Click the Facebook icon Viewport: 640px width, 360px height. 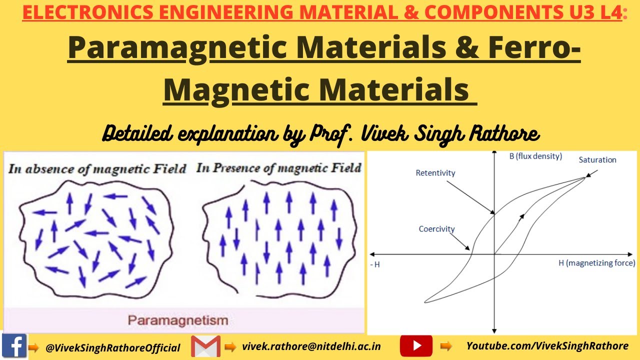tap(14, 346)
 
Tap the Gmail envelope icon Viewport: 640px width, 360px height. tap(205, 346)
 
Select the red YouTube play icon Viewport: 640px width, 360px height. tap(416, 346)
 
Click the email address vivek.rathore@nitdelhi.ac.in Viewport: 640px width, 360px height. tap(311, 346)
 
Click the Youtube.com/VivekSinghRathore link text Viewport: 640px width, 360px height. tap(547, 346)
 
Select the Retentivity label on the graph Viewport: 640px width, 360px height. tap(435, 173)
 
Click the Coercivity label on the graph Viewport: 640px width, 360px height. tap(436, 229)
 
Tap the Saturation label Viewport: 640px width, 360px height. tap(597, 160)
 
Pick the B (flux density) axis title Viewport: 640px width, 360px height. tap(535, 156)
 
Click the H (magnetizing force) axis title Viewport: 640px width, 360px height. tap(596, 262)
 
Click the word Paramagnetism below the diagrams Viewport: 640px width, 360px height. tap(178, 320)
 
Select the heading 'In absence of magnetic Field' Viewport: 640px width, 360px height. tap(97, 168)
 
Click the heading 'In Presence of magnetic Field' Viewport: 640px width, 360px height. tap(278, 168)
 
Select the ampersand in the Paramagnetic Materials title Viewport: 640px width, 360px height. tap(467, 48)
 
